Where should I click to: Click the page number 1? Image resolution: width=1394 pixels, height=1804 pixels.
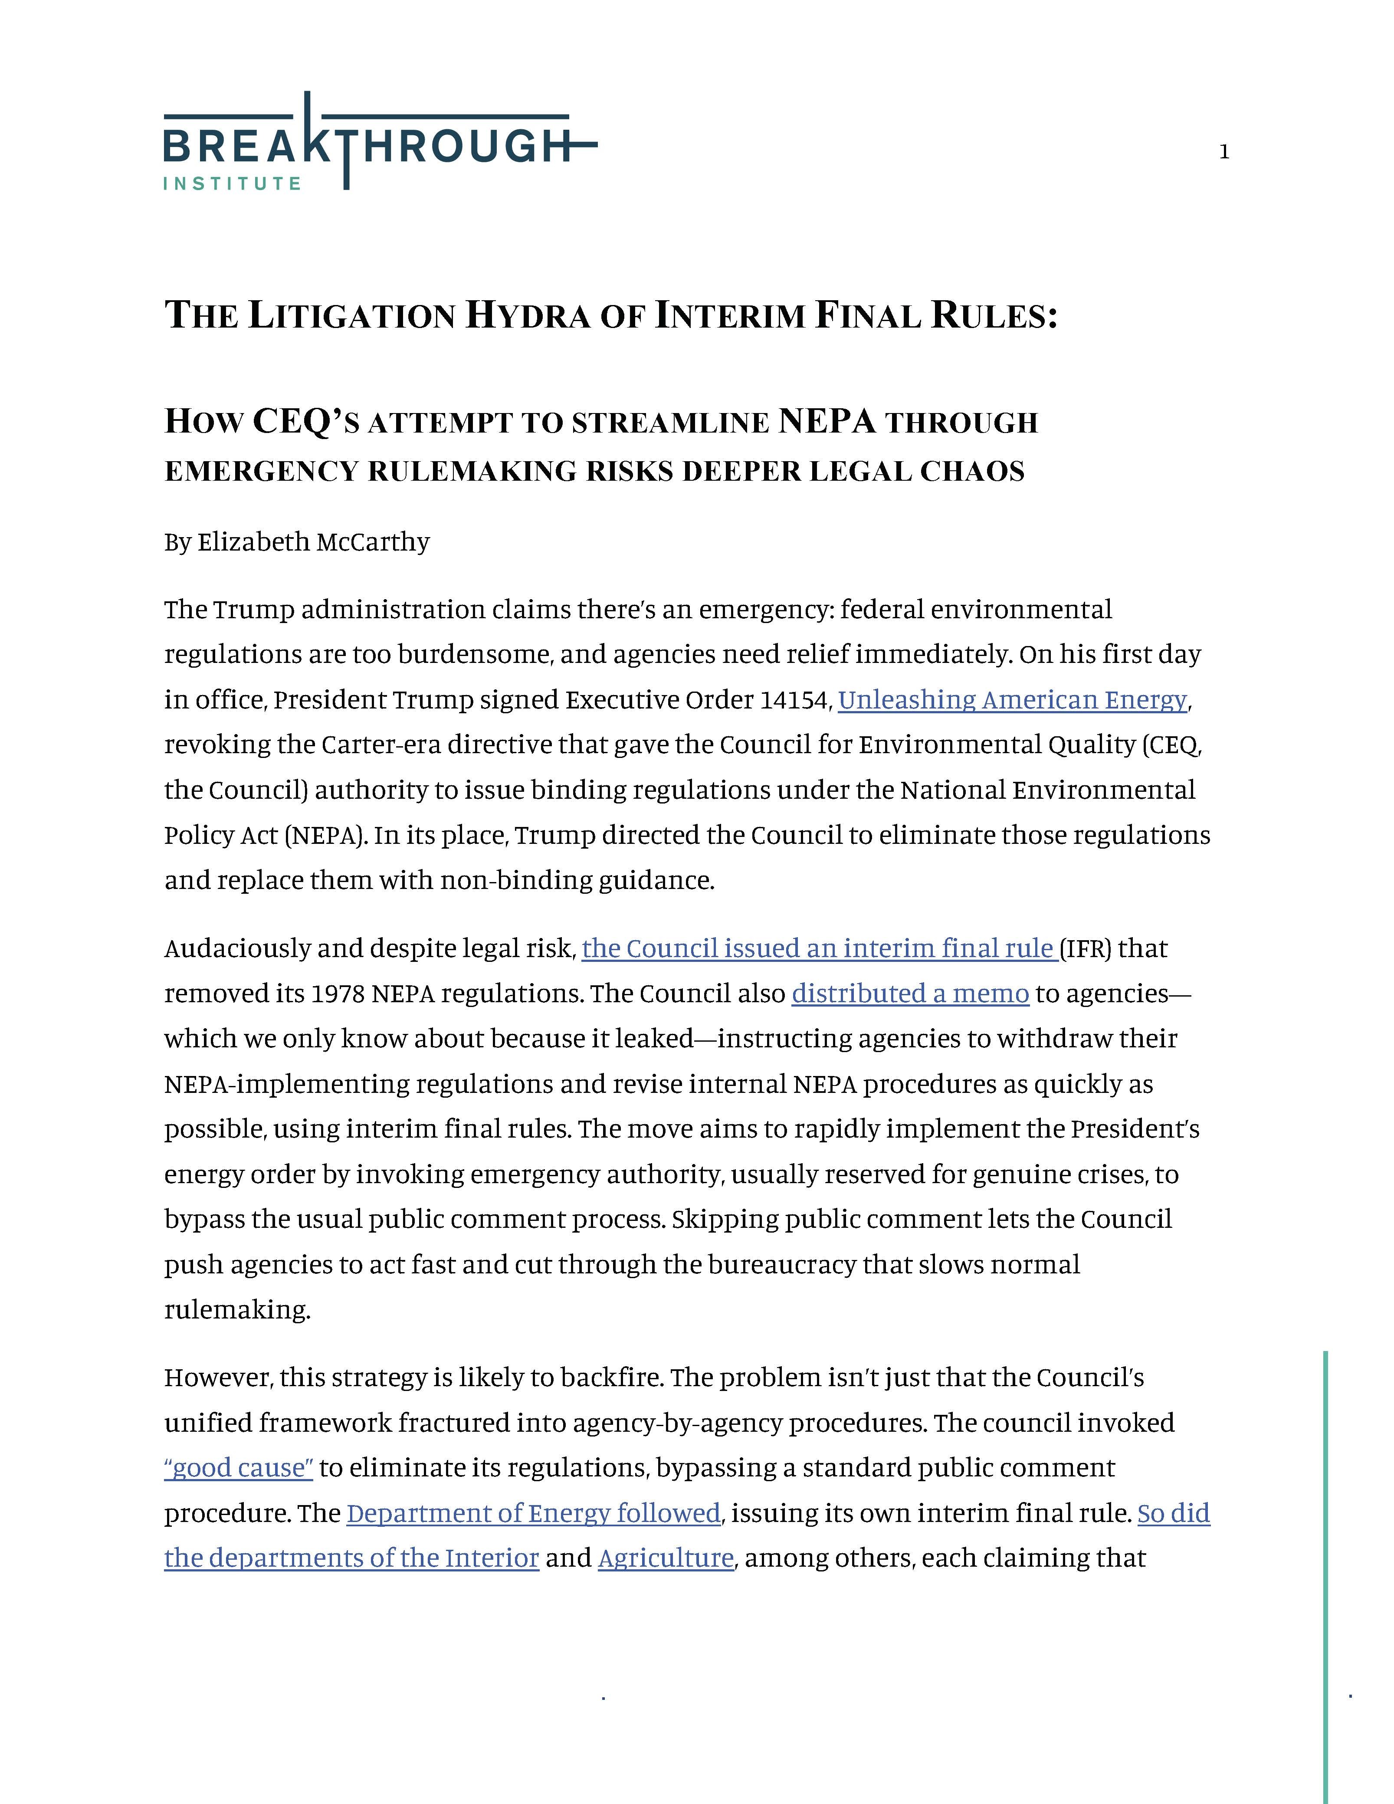[x=1224, y=152]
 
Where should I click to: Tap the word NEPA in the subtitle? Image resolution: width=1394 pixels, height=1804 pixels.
[x=826, y=421]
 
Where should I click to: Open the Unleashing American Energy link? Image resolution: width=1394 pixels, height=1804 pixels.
[x=1013, y=700]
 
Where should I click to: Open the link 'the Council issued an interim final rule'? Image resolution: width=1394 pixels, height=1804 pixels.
[x=819, y=948]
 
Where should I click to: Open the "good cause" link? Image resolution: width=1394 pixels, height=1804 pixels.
[x=239, y=1468]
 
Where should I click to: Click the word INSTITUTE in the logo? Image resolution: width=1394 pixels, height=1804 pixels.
[x=232, y=184]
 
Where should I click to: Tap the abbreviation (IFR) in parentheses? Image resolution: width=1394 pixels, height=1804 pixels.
[x=1085, y=948]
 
